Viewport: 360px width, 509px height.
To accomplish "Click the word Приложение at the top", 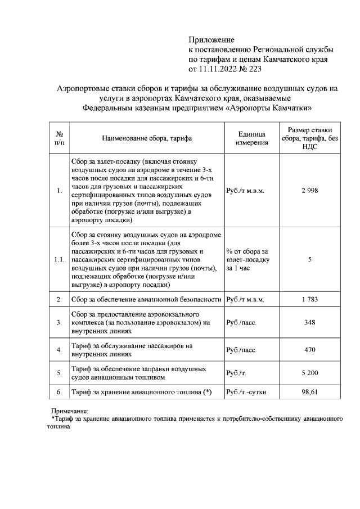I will coord(210,40).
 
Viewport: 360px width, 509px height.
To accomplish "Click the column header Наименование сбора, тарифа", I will coord(147,138).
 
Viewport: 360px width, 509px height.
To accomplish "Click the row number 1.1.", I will coord(60,260).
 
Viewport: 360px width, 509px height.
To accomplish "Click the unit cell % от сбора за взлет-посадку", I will coord(248,260).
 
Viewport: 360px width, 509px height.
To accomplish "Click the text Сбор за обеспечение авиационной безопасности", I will coord(147,299).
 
